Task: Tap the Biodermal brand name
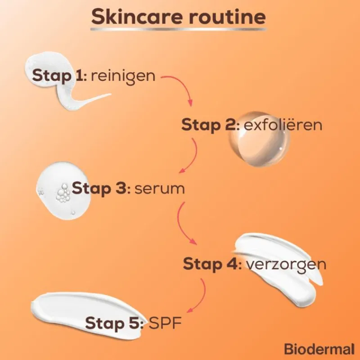[x=319, y=349]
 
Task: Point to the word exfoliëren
[x=283, y=125]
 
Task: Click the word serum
[x=159, y=189]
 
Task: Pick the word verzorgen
[x=286, y=265]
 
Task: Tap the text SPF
[x=165, y=323]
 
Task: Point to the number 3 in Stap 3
[x=120, y=189]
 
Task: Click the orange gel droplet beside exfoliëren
[x=259, y=139]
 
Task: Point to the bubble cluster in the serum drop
[x=63, y=193]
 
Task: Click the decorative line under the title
[x=178, y=29]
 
